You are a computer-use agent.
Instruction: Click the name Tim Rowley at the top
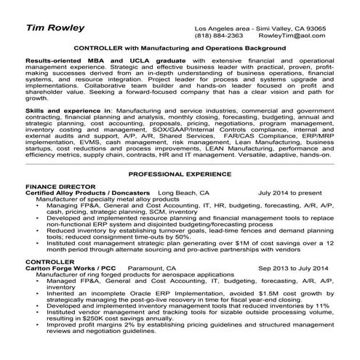(55, 28)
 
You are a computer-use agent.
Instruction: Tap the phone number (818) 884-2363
(218, 34)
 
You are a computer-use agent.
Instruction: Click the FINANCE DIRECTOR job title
(56, 187)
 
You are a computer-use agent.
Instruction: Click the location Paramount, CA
(151, 268)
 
